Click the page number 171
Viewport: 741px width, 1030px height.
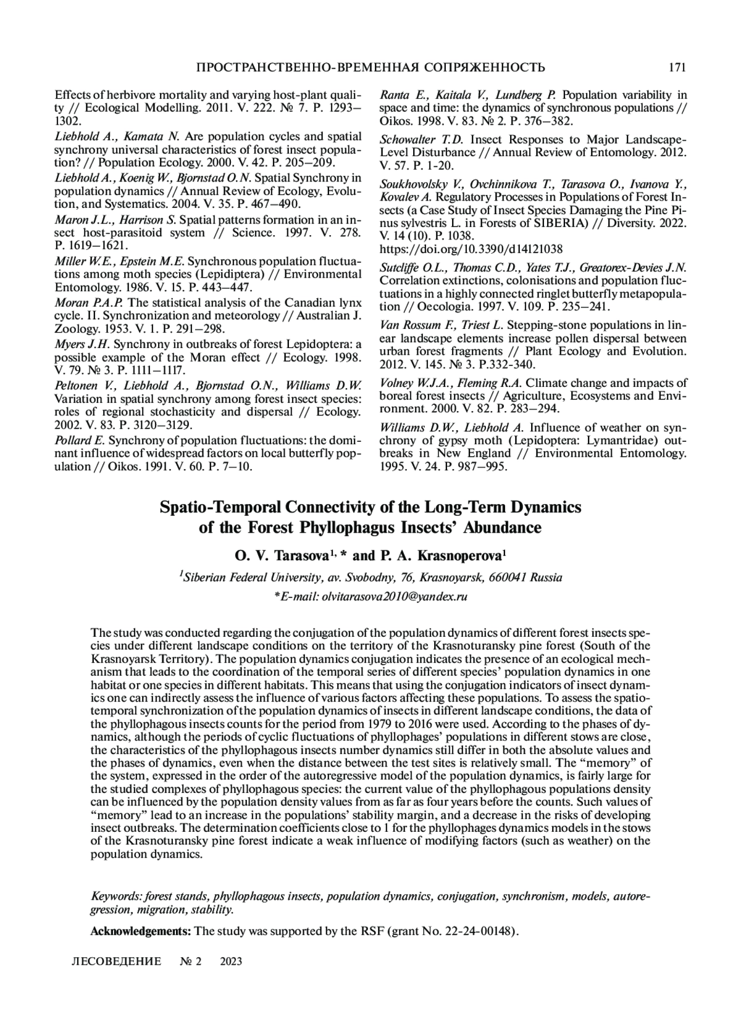pos(677,67)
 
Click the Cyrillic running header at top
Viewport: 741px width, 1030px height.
pos(370,67)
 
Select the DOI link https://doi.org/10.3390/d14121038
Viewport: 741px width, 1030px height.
pos(471,249)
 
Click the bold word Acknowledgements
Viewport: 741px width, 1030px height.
pos(141,931)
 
